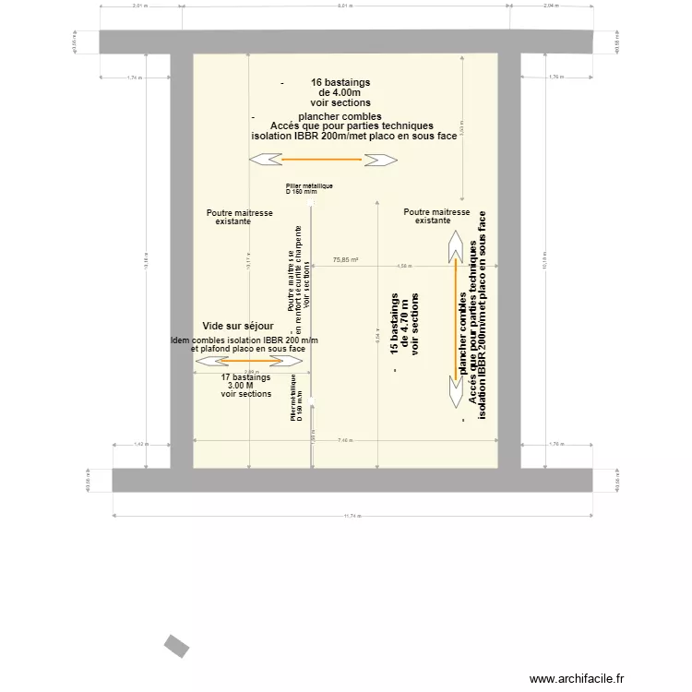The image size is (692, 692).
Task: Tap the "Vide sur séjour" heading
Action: pyautogui.click(x=238, y=327)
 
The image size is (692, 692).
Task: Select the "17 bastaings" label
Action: pyautogui.click(x=246, y=377)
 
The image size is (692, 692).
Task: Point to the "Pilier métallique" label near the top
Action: pyautogui.click(x=309, y=186)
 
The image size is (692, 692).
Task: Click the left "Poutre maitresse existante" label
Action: pyautogui.click(x=240, y=217)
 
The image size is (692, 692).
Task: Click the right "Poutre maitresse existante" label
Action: pyautogui.click(x=436, y=216)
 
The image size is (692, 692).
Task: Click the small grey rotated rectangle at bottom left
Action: pyautogui.click(x=176, y=646)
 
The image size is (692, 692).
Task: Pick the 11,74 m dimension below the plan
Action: pyautogui.click(x=354, y=517)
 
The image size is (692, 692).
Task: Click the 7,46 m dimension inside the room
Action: pyautogui.click(x=345, y=440)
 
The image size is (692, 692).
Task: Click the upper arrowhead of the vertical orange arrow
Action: pyautogui.click(x=455, y=247)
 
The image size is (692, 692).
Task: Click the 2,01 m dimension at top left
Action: pyautogui.click(x=140, y=6)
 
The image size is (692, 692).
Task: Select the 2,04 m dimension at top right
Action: pyautogui.click(x=550, y=6)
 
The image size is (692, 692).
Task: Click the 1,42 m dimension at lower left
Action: pyautogui.click(x=140, y=445)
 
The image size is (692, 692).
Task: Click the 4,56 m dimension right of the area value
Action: pyautogui.click(x=403, y=267)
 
